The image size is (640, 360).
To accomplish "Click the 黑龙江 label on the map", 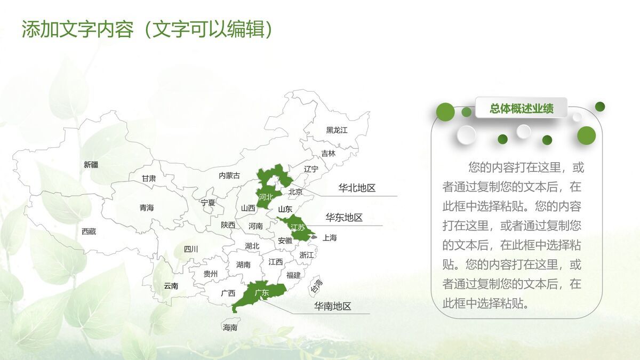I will [x=337, y=130].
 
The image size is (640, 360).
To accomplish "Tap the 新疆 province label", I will [x=91, y=165].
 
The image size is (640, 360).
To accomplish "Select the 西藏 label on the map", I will [x=89, y=231].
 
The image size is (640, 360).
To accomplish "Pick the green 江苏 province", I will [x=298, y=227].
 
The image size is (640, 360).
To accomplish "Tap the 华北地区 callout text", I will [x=357, y=188].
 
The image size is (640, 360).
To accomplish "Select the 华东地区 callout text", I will [x=344, y=218].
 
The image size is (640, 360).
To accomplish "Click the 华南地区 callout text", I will [x=332, y=306].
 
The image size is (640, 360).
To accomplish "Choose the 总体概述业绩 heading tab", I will [x=522, y=109].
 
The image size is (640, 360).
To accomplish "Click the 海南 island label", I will [x=230, y=327].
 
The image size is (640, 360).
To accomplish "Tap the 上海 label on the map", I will [x=330, y=238].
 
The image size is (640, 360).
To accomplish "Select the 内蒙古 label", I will [x=229, y=175].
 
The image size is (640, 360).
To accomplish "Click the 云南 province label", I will [x=171, y=286].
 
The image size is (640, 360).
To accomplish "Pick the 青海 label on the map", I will [x=146, y=208].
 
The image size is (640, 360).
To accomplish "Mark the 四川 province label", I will [x=190, y=249].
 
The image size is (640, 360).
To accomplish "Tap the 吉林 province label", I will [x=329, y=154].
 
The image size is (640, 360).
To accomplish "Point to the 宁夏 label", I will [x=208, y=203].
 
